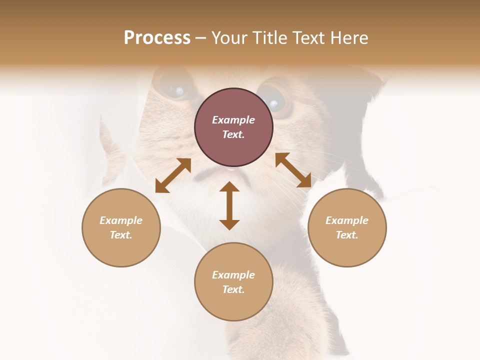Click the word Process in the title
click(157, 38)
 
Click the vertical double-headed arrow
click(229, 205)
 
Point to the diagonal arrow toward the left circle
click(173, 175)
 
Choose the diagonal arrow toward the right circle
click(293, 170)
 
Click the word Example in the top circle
click(233, 120)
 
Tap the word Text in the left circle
click(121, 235)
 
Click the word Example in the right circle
click(347, 220)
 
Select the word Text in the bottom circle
click(233, 289)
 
